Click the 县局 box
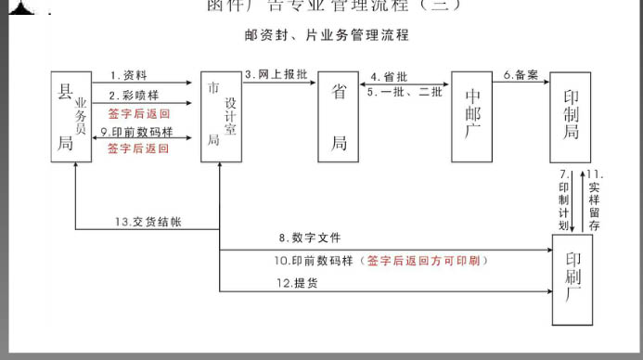71,116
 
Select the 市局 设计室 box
221,116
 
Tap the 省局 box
340,116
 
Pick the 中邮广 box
473,116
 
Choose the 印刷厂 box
572,280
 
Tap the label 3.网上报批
275,74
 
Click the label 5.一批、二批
405,92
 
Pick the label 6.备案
521,74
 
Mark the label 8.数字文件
310,238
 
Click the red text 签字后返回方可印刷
427,261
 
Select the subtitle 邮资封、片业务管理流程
327,35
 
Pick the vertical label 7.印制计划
564,199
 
